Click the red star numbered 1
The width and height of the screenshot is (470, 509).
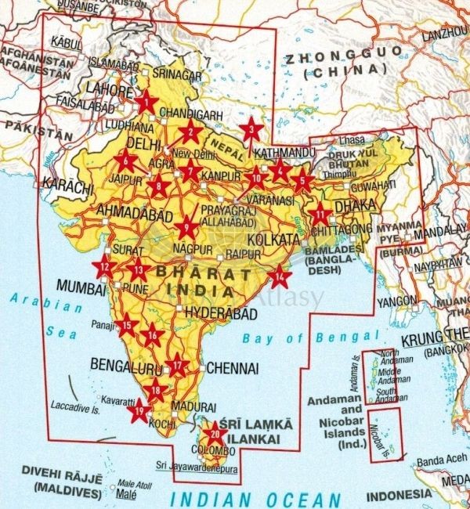tap(147, 101)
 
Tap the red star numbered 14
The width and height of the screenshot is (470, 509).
tap(280, 276)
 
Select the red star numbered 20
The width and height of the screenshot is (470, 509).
tap(214, 433)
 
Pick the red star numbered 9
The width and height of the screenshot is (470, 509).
tap(186, 228)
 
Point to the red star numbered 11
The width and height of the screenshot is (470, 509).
tap(321, 214)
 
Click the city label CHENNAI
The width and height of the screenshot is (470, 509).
tap(233, 367)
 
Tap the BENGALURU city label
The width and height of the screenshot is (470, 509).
tap(126, 364)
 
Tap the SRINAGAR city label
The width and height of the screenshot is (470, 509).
tap(183, 75)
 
